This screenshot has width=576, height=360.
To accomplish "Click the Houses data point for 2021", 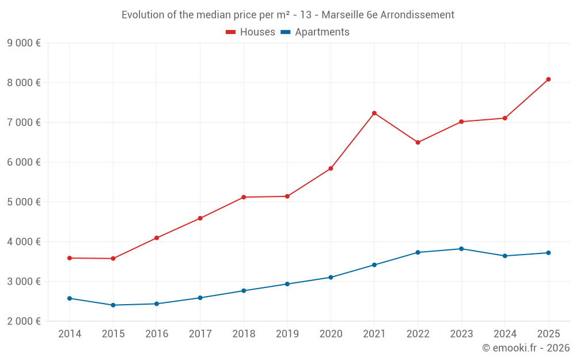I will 374,113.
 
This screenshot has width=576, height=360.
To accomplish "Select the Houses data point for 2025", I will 548,79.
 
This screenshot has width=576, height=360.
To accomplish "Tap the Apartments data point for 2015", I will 113,305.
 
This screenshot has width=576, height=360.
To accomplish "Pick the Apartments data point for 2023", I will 461,249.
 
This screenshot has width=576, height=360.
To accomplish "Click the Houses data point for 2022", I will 418,142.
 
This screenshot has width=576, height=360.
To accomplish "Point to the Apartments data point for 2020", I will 331,277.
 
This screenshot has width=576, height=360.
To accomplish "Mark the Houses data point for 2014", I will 70,258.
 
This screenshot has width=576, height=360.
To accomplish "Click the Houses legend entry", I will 251,32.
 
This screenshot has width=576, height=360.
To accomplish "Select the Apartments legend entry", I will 315,32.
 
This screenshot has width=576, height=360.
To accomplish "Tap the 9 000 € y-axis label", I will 24,43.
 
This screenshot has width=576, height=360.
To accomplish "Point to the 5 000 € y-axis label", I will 24,202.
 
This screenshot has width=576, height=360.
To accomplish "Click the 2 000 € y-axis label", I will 24,321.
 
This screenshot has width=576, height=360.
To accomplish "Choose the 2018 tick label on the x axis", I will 244,334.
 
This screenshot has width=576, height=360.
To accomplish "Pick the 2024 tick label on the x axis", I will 505,334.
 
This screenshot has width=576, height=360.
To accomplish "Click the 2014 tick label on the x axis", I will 70,334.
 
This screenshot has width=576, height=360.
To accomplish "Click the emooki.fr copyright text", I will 526,348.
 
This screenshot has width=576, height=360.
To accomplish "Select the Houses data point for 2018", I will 244,197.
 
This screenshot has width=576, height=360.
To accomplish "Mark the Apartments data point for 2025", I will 548,253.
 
